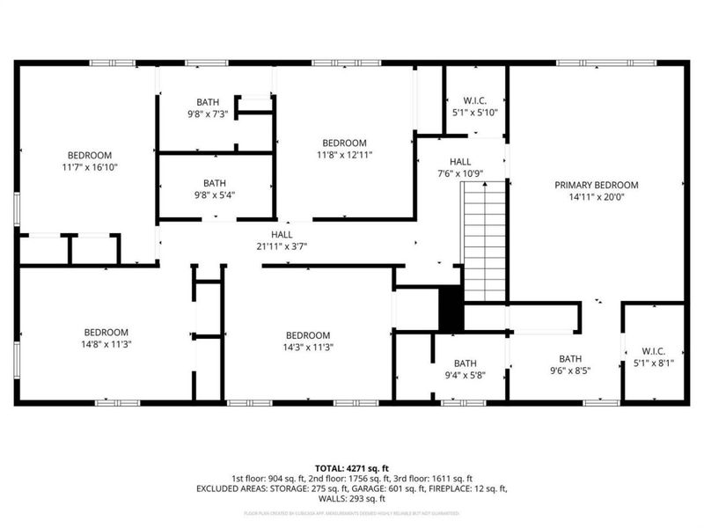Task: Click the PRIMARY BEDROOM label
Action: (x=596, y=185)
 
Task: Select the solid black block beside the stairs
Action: (x=451, y=309)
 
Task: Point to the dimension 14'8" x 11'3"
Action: (x=106, y=345)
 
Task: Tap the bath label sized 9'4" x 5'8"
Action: (x=465, y=376)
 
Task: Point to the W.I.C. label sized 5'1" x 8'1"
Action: (x=652, y=363)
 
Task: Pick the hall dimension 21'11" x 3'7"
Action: (x=282, y=246)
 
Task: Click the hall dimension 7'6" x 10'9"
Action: (x=460, y=174)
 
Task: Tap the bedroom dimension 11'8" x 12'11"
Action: (x=343, y=155)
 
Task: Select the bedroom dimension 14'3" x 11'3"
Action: (x=307, y=347)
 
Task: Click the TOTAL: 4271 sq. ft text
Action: (x=351, y=467)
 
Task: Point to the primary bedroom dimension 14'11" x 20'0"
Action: (x=596, y=197)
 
